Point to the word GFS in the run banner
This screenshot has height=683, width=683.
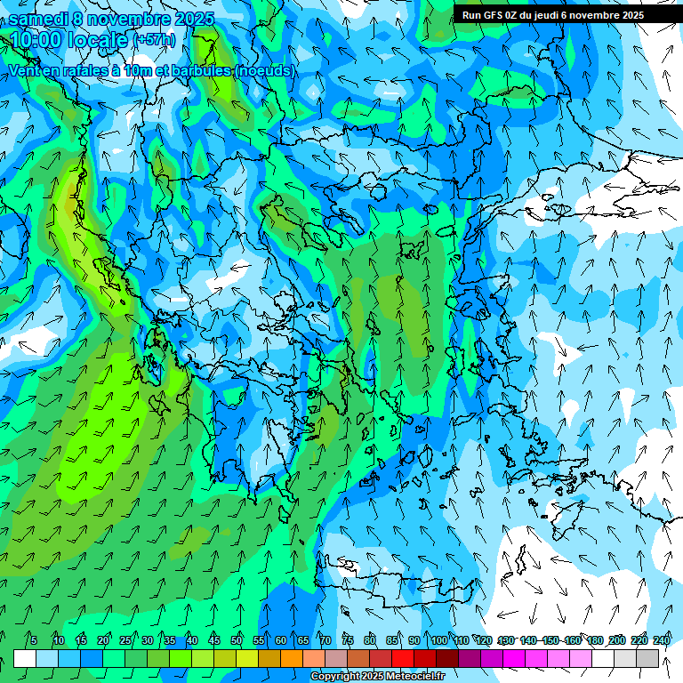click(x=494, y=14)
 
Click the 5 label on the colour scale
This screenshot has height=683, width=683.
click(x=34, y=640)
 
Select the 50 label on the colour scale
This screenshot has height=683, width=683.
click(x=237, y=640)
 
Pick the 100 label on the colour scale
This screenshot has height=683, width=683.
click(x=438, y=640)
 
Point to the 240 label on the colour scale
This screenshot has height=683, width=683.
click(x=662, y=640)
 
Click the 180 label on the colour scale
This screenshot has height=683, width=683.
click(x=594, y=640)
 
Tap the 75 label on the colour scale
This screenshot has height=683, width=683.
click(x=347, y=640)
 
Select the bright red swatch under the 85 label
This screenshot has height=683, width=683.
click(x=403, y=658)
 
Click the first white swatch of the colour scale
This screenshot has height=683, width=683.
click(x=25, y=658)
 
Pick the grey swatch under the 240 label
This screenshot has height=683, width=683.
click(x=647, y=658)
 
